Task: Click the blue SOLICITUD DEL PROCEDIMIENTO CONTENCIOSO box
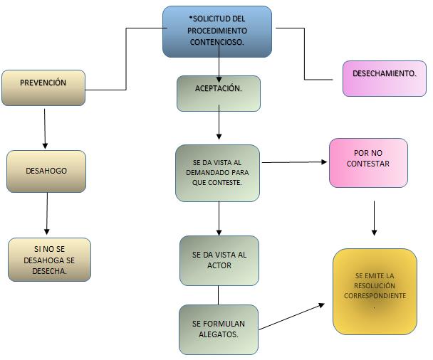(x=217, y=31)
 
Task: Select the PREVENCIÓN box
(x=43, y=88)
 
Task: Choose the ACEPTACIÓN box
(x=219, y=93)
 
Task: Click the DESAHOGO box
(x=46, y=171)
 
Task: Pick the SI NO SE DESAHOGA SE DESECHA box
(x=50, y=260)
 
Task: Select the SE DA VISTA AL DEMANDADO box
(x=218, y=173)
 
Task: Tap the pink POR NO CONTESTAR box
(x=368, y=163)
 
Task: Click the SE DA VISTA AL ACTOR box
(x=219, y=260)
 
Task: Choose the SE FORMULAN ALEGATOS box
(x=218, y=329)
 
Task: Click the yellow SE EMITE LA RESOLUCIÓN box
(x=375, y=291)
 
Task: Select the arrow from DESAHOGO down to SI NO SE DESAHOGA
(x=47, y=213)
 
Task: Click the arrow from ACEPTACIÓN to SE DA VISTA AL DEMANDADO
(x=219, y=125)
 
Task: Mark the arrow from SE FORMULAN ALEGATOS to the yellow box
(x=291, y=317)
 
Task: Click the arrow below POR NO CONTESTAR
(x=374, y=218)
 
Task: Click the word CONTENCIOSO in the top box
(x=217, y=43)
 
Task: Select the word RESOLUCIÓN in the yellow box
(x=375, y=285)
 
